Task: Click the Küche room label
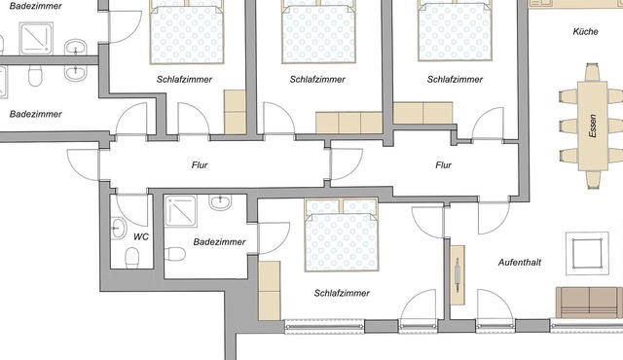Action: tap(586, 32)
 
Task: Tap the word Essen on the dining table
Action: tap(593, 126)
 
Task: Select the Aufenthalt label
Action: tap(520, 263)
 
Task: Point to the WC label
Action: tap(141, 237)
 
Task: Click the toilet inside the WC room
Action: tap(132, 258)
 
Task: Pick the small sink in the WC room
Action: tap(118, 229)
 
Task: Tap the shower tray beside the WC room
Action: tap(180, 211)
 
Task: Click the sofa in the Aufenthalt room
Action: tap(590, 303)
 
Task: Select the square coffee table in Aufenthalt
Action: tap(587, 253)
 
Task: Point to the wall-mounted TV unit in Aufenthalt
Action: tap(458, 275)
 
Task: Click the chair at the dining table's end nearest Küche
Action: tap(592, 72)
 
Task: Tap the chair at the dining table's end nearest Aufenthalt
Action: tap(593, 180)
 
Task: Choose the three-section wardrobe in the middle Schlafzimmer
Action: tap(349, 123)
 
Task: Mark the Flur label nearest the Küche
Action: tap(444, 164)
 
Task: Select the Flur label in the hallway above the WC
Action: tap(200, 164)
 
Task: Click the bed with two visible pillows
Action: tap(342, 235)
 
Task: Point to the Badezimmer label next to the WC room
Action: tap(219, 241)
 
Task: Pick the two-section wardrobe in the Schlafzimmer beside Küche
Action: tap(422, 113)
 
